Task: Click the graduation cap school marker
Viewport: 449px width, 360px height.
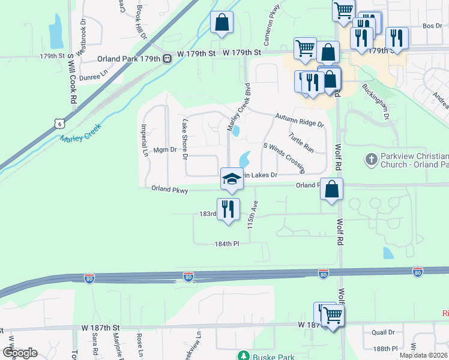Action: coord(232,178)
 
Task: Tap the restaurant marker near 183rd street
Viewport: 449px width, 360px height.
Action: coord(228,209)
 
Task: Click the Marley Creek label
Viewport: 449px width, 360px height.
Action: coord(80,133)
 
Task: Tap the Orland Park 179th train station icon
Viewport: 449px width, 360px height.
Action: coord(167,59)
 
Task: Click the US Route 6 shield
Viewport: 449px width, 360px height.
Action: coord(58,123)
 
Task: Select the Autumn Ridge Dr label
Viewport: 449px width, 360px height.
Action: coord(299,121)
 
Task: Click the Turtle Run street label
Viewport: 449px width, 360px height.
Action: coord(301,143)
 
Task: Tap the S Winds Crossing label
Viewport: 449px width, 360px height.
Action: coord(285,156)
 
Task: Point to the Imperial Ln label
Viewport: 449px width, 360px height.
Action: coord(144,140)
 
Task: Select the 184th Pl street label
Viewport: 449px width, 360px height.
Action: coord(228,244)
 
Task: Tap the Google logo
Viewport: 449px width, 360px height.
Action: coord(20,353)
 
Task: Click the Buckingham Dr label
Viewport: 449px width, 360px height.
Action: coord(376,100)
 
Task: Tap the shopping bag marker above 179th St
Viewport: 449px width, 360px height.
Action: coord(221,22)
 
